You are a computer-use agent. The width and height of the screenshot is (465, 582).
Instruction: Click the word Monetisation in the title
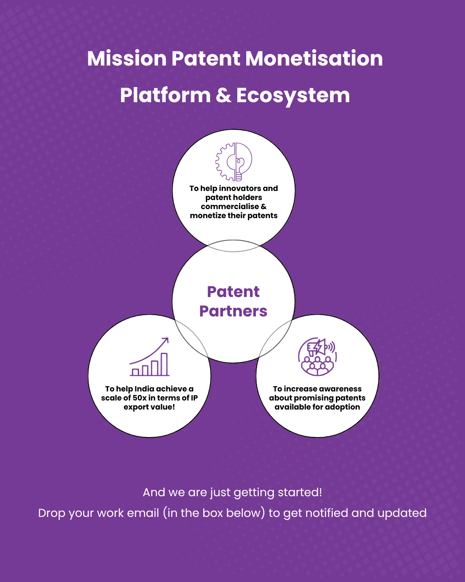tap(314, 59)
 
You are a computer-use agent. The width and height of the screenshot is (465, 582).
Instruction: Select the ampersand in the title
tap(223, 96)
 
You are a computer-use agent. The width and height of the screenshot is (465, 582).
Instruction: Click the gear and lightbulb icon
tap(234, 162)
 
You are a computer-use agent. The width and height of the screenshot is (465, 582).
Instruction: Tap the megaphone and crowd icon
tap(317, 357)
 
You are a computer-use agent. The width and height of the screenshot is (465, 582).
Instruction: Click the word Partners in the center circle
tap(233, 311)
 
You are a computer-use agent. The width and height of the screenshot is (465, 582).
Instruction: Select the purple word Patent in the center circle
tap(233, 292)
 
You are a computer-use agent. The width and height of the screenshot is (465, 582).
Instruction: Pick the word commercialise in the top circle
tap(230, 207)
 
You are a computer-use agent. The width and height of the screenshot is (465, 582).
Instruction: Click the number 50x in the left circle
tap(139, 398)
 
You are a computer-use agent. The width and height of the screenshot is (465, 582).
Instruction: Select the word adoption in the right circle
tap(342, 407)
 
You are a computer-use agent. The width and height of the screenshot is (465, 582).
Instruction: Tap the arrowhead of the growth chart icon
tap(166, 340)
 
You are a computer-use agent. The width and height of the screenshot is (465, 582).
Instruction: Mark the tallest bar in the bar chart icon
tap(164, 364)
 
